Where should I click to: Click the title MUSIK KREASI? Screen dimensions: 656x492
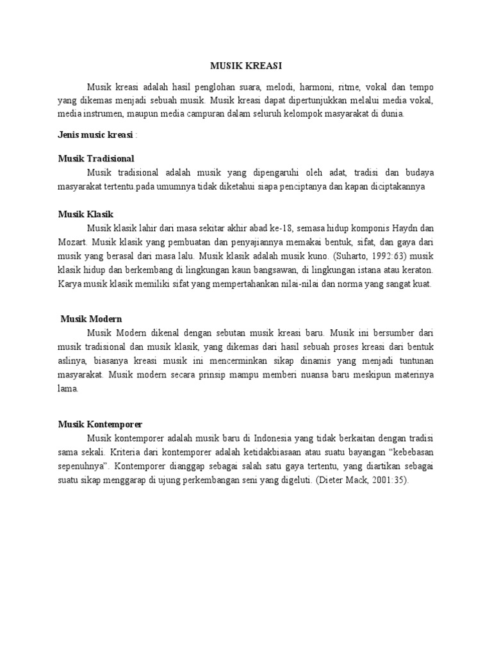(x=245, y=65)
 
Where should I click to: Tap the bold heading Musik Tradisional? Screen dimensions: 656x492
(x=95, y=158)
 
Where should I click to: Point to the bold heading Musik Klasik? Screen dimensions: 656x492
(x=85, y=213)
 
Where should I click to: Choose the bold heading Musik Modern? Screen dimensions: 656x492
(x=91, y=318)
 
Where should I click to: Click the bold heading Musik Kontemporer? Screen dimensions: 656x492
(x=100, y=424)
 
